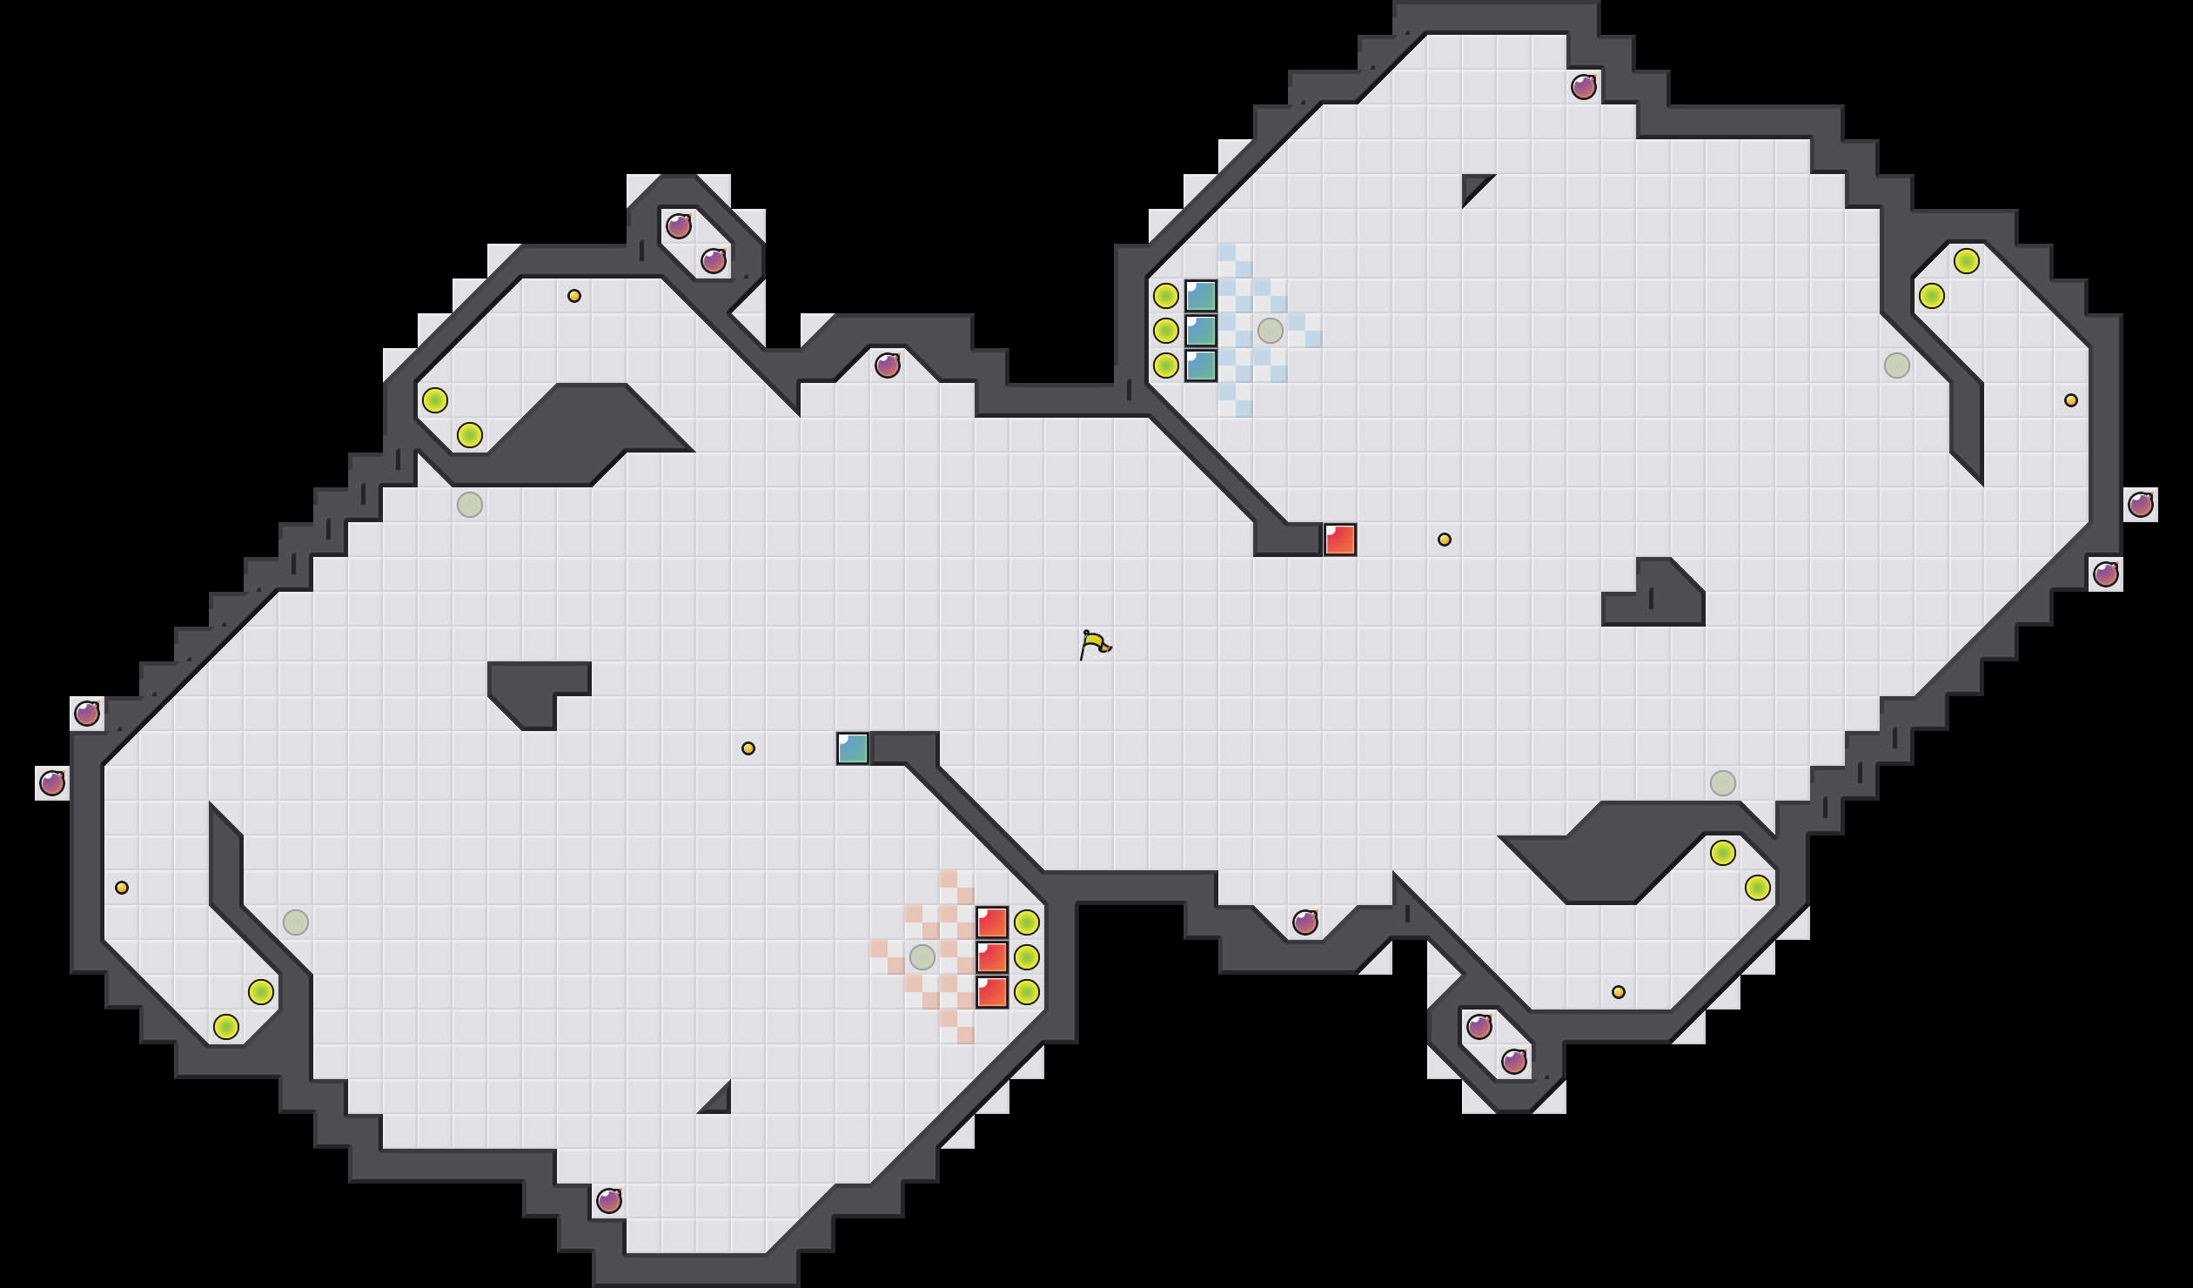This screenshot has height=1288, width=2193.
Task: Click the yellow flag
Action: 1095,644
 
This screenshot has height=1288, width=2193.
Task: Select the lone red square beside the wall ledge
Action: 1340,540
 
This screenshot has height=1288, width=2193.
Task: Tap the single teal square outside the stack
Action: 853,748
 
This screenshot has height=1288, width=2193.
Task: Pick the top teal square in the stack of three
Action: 1201,296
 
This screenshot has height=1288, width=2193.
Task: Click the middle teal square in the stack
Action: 1201,331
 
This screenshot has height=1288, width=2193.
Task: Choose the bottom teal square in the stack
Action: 1201,366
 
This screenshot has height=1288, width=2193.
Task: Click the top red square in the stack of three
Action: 992,922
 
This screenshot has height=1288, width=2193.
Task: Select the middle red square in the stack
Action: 992,957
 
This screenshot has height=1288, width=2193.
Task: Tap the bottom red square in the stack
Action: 992,992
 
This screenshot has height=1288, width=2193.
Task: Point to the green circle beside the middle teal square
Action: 1166,331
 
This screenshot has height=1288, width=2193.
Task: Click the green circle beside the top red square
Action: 1027,922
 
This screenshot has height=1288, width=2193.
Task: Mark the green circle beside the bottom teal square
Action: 1166,366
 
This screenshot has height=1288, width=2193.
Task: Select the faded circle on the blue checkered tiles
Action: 1271,331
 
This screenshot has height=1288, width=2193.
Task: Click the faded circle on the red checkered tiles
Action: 922,957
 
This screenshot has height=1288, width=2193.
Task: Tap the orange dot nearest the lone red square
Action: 1445,540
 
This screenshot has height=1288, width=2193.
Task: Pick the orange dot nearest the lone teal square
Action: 748,748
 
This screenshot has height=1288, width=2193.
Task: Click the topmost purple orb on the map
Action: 1584,87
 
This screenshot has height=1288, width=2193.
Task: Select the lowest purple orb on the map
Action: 609,1201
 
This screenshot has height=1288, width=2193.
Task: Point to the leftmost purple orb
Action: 52,783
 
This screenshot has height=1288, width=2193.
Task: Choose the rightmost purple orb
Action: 2141,505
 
